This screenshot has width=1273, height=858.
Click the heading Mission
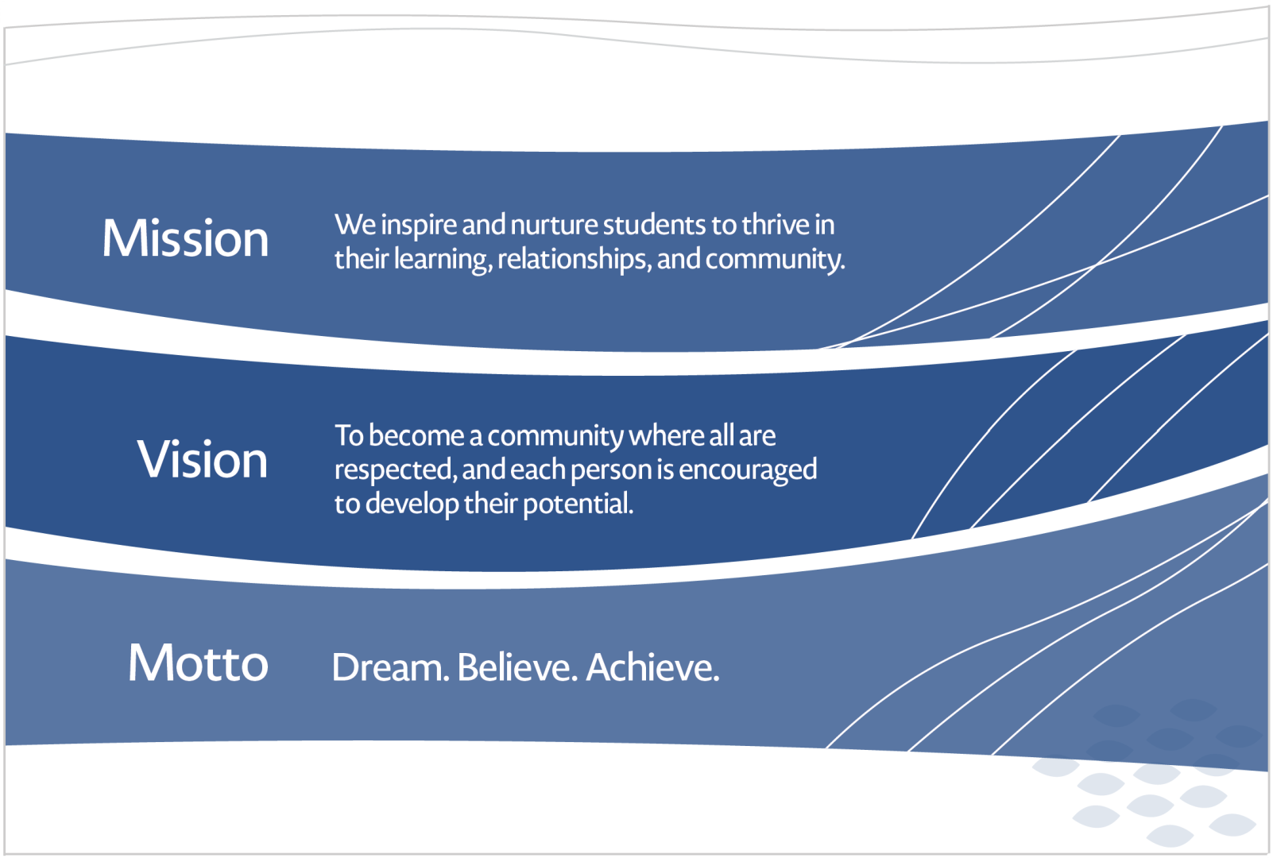[185, 238]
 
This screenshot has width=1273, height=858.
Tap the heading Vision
[203, 459]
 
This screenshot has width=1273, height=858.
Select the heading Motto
[198, 663]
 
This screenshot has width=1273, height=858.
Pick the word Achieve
[652, 667]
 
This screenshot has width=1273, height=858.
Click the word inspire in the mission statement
[419, 226]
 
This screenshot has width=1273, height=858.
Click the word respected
[395, 470]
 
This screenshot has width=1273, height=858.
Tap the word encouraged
[747, 470]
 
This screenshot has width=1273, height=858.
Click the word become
[416, 436]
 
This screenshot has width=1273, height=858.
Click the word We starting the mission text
[354, 226]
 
